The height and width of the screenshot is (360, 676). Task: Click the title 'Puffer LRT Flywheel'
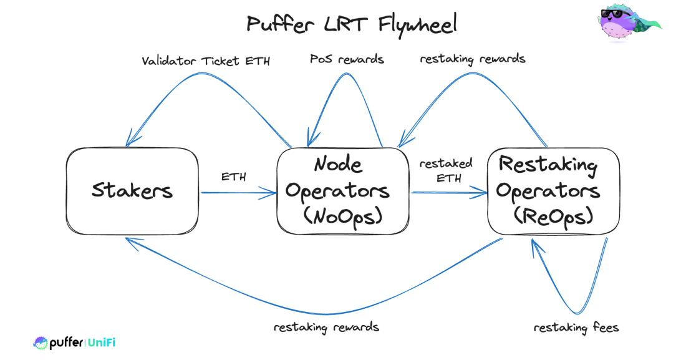351,24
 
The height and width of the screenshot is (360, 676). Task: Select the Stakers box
132,190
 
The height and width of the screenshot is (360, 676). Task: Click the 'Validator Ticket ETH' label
205,61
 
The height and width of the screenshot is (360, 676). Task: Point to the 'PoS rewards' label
347,59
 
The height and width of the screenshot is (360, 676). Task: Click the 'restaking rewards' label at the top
472,59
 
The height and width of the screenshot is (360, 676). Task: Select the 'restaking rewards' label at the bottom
326,327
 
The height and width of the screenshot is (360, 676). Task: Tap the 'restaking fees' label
576,327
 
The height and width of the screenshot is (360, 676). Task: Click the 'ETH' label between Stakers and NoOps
234,177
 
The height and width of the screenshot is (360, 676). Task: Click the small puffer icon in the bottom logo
41,343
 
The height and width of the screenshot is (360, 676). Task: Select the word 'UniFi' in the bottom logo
102,343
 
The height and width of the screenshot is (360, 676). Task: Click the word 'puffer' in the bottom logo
66,343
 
